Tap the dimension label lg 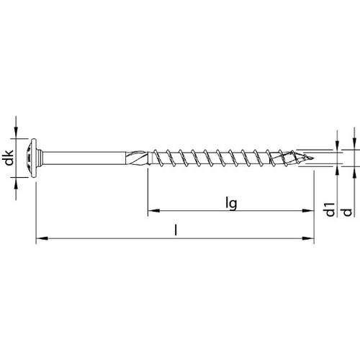point(231,204)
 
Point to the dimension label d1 point(329,211)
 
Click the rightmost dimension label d point(348,211)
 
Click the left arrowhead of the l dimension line point(39,238)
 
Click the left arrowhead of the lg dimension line point(152,212)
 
